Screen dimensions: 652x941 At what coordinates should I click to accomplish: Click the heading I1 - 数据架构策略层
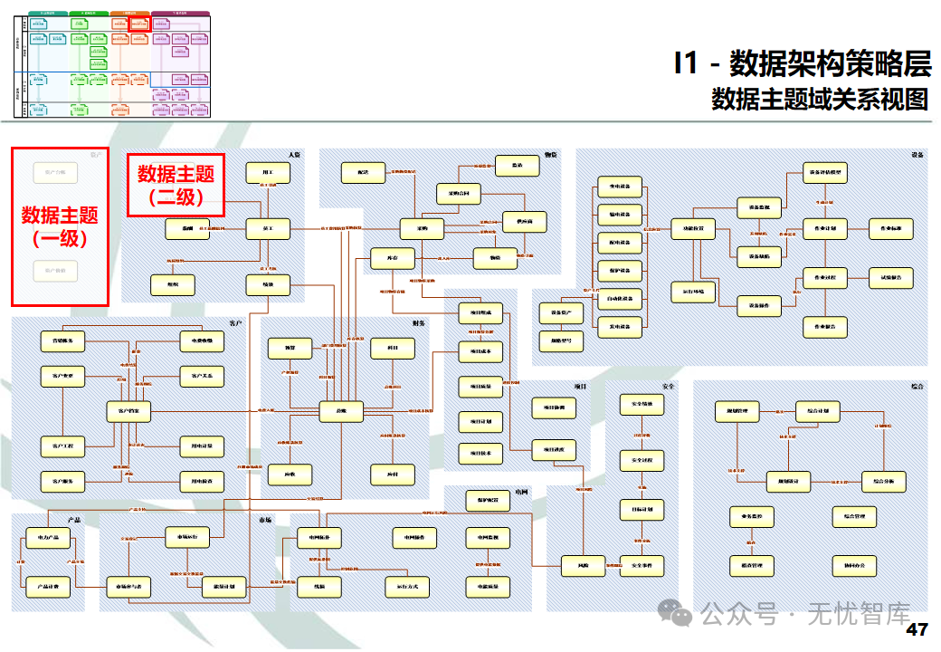802,64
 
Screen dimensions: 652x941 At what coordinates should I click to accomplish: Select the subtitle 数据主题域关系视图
820,98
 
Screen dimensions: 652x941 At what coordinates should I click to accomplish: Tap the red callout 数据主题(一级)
60,226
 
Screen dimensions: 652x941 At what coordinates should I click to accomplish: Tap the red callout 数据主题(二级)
176,184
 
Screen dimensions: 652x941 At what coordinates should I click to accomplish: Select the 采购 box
423,229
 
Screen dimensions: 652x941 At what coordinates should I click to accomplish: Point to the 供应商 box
525,220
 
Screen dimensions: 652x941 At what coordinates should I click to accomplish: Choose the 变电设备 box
620,188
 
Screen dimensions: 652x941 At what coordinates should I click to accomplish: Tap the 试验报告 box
890,277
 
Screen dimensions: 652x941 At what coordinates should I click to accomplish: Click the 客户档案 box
129,412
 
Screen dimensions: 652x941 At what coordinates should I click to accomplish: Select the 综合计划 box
818,412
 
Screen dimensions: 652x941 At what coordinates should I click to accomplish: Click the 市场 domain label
265,521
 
